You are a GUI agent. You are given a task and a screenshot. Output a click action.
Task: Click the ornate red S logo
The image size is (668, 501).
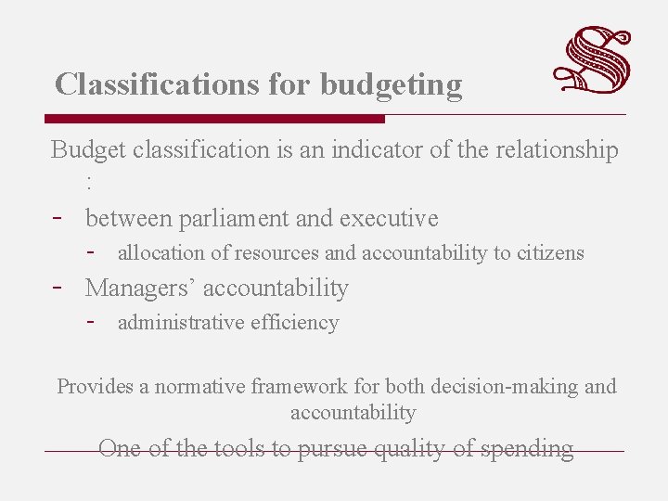pos(593,61)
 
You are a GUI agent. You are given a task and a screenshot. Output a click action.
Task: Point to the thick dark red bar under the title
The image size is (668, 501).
pos(214,119)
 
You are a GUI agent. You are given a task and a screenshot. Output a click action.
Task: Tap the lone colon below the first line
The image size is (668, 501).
pos(88,183)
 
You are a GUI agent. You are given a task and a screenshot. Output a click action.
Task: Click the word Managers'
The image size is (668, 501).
pos(140,289)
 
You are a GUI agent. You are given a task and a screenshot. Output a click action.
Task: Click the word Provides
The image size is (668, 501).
pos(95,387)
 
